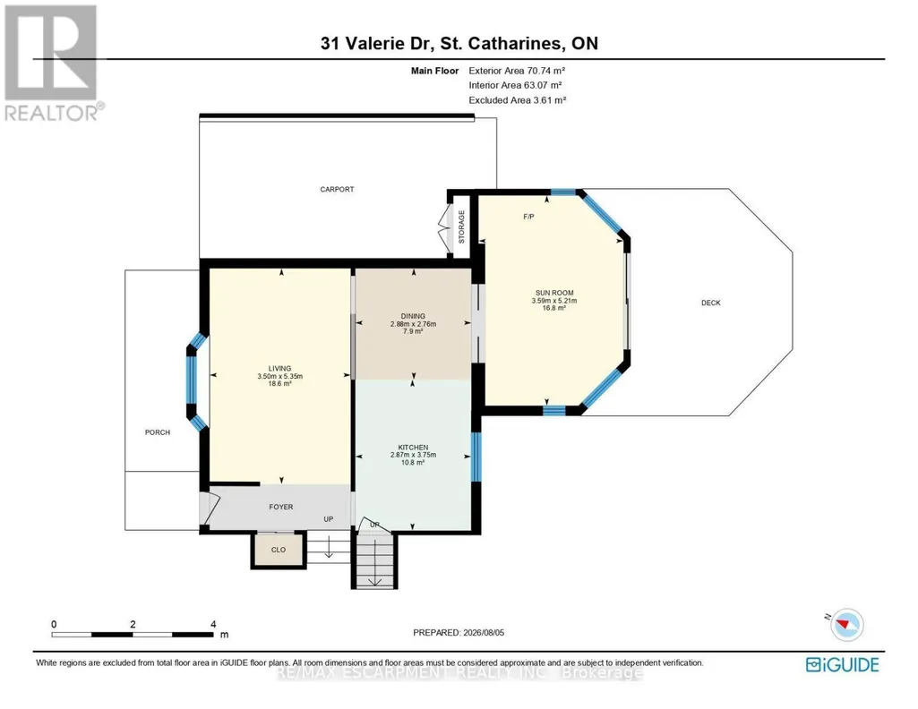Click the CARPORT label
coord(337,190)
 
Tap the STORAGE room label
coord(461,227)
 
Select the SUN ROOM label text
coord(554,293)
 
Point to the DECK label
coord(711,303)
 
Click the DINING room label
coord(414,317)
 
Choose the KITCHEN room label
coord(414,448)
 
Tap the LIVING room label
coord(279,369)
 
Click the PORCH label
coord(158,432)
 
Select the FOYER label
coord(281,508)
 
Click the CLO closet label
coord(279,550)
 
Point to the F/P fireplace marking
coord(528,217)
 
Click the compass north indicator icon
coord(845,624)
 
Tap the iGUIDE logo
coord(843,665)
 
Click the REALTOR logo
coord(51,63)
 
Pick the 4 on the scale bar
coord(213,624)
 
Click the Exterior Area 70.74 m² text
coord(517,71)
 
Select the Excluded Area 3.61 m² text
coord(518,100)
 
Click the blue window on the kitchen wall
coord(476,457)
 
